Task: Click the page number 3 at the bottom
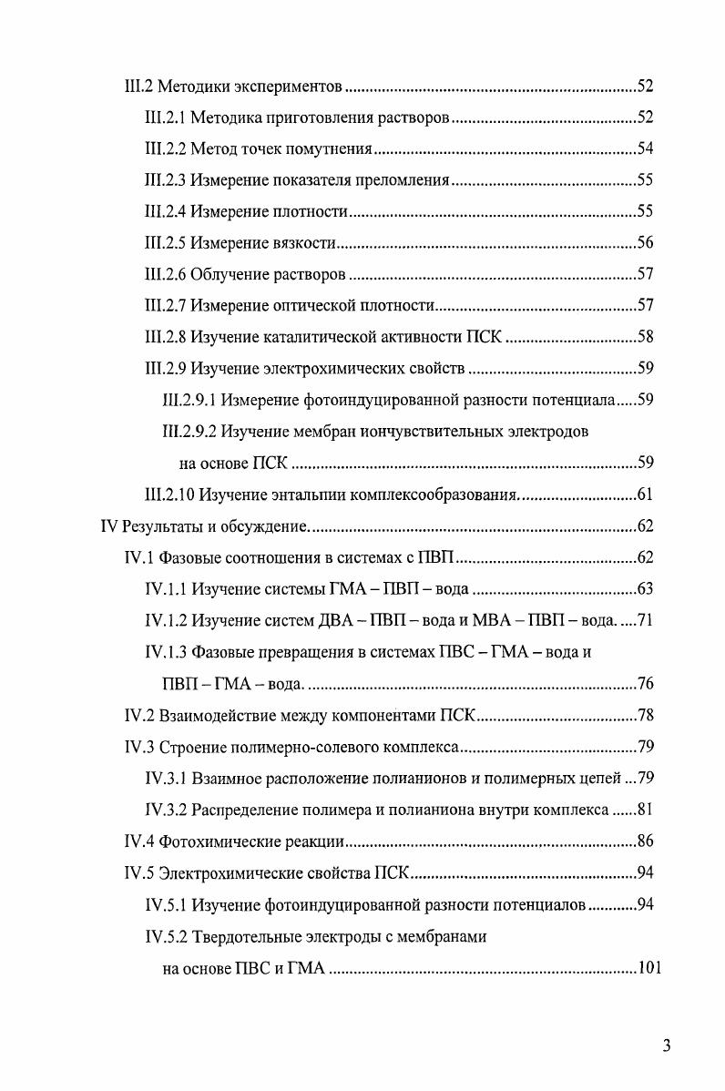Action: coord(667,1045)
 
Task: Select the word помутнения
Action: coord(330,149)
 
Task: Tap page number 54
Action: coord(645,149)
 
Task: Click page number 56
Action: coord(645,243)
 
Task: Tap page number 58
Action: coord(645,337)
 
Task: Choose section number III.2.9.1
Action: coord(189,400)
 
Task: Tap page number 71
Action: coord(645,621)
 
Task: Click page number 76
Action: coord(645,684)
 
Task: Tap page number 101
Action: coord(648,967)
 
